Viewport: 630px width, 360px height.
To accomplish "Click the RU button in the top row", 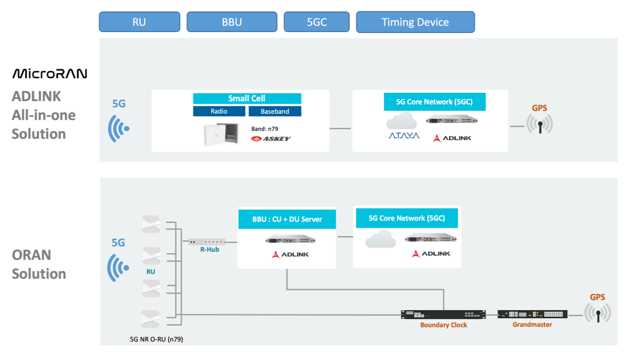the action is pyautogui.click(x=139, y=22).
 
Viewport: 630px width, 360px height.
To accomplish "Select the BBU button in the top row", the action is pyautogui.click(x=232, y=22).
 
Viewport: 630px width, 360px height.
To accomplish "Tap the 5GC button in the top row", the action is pyautogui.click(x=317, y=22).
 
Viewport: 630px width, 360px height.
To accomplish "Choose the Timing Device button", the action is pyautogui.click(x=416, y=22).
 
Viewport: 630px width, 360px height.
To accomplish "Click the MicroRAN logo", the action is pyautogui.click(x=49, y=74).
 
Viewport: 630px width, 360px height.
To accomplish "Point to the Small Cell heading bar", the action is pyautogui.click(x=247, y=98).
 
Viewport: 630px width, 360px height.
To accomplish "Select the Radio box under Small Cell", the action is pyautogui.click(x=219, y=111).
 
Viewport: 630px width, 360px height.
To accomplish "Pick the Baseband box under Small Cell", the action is pyautogui.click(x=275, y=111).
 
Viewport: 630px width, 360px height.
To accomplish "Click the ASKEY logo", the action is pyautogui.click(x=271, y=138).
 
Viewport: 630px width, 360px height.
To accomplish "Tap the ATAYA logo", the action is pyautogui.click(x=404, y=136).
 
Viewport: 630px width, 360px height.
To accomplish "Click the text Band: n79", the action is pyautogui.click(x=265, y=129).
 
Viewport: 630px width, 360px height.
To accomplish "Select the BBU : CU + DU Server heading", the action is pyautogui.click(x=287, y=219).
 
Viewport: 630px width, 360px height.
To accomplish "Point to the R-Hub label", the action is pyautogui.click(x=210, y=250).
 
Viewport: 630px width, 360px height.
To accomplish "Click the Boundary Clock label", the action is pyautogui.click(x=444, y=325).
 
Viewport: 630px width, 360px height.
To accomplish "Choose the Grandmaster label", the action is pyautogui.click(x=532, y=325).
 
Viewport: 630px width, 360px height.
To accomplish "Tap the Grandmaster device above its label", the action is pyautogui.click(x=533, y=314).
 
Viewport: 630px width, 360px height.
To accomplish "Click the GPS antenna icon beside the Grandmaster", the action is pyautogui.click(x=598, y=313).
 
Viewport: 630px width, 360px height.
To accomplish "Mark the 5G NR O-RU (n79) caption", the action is pyautogui.click(x=156, y=339).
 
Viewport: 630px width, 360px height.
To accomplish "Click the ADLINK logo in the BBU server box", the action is pyautogui.click(x=290, y=254).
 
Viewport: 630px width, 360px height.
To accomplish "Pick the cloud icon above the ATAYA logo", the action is pyautogui.click(x=402, y=120).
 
